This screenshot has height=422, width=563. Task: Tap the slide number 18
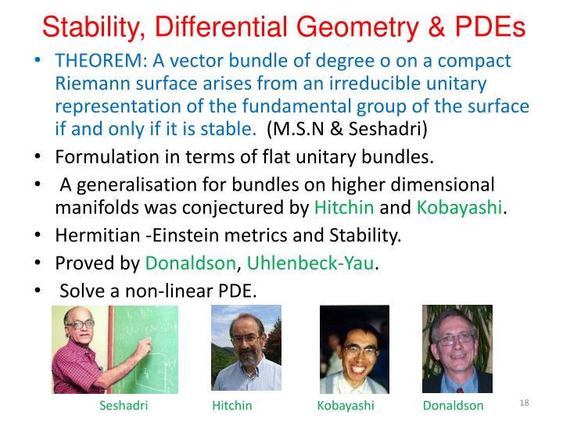click(524, 402)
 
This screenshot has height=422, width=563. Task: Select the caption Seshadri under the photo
click(124, 406)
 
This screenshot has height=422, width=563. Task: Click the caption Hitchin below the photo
click(231, 406)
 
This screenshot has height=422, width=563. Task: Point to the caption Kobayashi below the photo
click(346, 406)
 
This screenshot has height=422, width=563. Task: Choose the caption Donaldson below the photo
click(453, 406)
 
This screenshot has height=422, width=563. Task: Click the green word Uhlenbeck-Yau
click(310, 264)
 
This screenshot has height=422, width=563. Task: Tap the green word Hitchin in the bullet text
click(344, 208)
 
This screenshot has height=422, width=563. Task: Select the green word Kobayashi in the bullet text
click(459, 208)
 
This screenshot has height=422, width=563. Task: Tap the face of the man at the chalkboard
click(88, 327)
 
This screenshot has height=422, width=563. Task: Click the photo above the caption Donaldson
click(457, 349)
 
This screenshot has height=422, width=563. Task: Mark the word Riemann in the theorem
click(87, 84)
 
